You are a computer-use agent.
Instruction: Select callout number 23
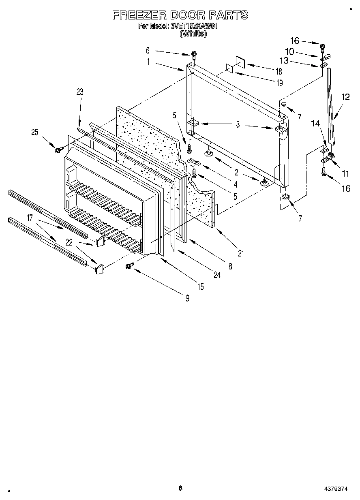coord(79,92)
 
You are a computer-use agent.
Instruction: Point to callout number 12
coord(345,97)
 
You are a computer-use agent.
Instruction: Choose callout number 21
coord(241,254)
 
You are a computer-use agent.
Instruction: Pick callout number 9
coord(187,299)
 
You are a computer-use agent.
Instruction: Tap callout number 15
coord(201,287)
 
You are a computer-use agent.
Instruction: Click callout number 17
coord(30,218)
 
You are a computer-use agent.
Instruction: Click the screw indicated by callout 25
coord(57,150)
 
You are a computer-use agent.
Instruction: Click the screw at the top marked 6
coord(194,54)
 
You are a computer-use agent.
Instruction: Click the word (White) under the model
coord(193,34)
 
